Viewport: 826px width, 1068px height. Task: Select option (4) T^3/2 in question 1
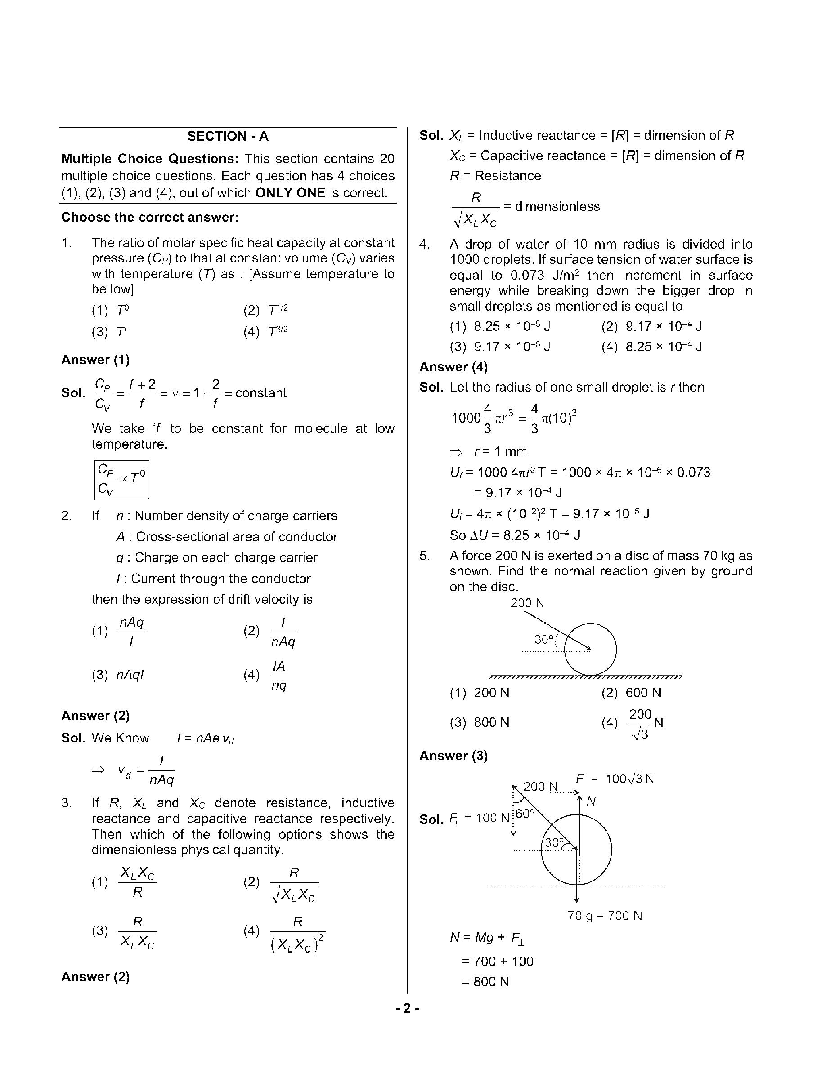[x=266, y=332]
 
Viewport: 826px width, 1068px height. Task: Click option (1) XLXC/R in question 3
[x=125, y=882]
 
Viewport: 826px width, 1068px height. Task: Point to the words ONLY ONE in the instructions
[x=290, y=193]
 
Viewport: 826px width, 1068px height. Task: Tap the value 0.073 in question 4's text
[x=527, y=275]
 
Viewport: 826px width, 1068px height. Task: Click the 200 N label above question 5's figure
[x=527, y=603]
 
